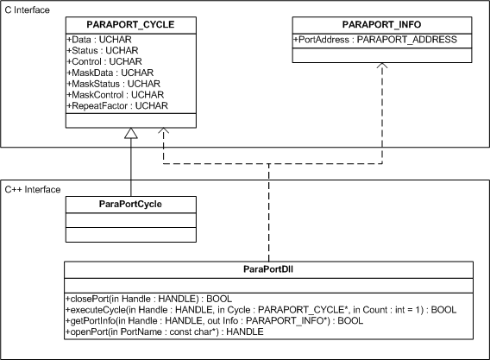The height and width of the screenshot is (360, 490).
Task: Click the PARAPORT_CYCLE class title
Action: (x=130, y=25)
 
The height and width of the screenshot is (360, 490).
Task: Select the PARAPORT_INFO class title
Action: (x=381, y=25)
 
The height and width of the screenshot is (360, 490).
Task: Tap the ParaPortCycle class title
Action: (x=130, y=205)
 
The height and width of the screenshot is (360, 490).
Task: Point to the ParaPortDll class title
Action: (x=268, y=269)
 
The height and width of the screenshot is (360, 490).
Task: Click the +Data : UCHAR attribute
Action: (x=99, y=40)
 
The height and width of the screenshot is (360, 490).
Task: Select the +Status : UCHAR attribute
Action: (x=103, y=51)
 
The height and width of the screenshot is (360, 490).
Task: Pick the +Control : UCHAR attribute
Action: (x=104, y=61)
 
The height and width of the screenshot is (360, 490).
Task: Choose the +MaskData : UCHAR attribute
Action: (x=110, y=73)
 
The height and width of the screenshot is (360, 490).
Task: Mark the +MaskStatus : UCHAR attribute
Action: (x=113, y=84)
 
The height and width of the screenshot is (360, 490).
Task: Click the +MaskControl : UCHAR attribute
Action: (x=116, y=95)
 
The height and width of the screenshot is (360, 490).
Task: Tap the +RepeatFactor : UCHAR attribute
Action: (x=117, y=105)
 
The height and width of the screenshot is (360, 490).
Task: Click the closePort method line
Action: (x=148, y=299)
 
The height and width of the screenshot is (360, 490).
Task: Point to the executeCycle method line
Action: (x=261, y=310)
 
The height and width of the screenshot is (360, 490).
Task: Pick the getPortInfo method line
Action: (x=214, y=321)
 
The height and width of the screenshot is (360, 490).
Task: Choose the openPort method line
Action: (x=165, y=332)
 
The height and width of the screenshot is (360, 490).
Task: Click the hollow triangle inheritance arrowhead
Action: (x=131, y=133)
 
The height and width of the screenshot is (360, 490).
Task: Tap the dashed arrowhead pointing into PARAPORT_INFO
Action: (x=382, y=66)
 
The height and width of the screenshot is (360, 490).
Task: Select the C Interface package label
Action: (x=28, y=10)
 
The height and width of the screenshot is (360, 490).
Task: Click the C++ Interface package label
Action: (x=33, y=190)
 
